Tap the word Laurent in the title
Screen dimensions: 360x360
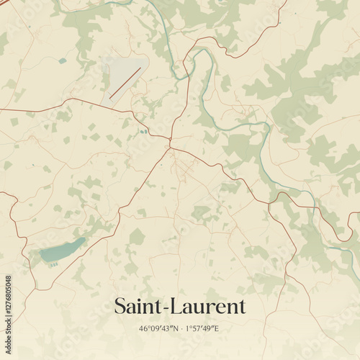click(207, 307)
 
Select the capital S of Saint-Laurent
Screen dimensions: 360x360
click(120, 307)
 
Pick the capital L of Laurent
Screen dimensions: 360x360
click(177, 307)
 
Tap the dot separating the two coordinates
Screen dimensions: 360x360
click(181, 329)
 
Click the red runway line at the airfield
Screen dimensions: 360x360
click(125, 83)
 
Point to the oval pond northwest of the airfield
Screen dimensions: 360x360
click(63, 61)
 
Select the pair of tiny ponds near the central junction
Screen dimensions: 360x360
click(143, 132)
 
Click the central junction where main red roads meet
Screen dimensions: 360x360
click(170, 146)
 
